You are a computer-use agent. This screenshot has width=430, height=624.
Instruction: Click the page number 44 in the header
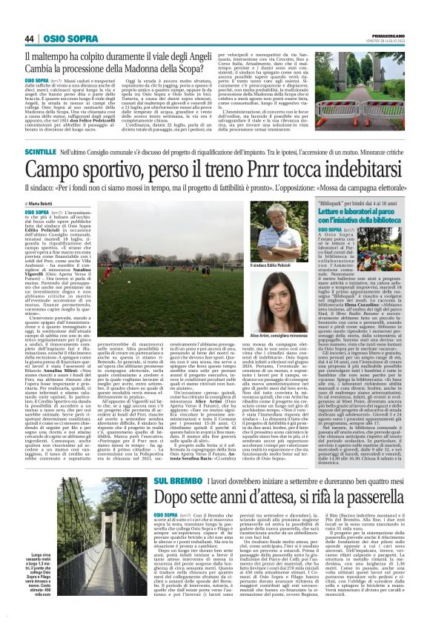tap(30, 39)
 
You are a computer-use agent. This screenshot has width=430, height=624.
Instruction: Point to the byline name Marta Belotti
tap(45, 203)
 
